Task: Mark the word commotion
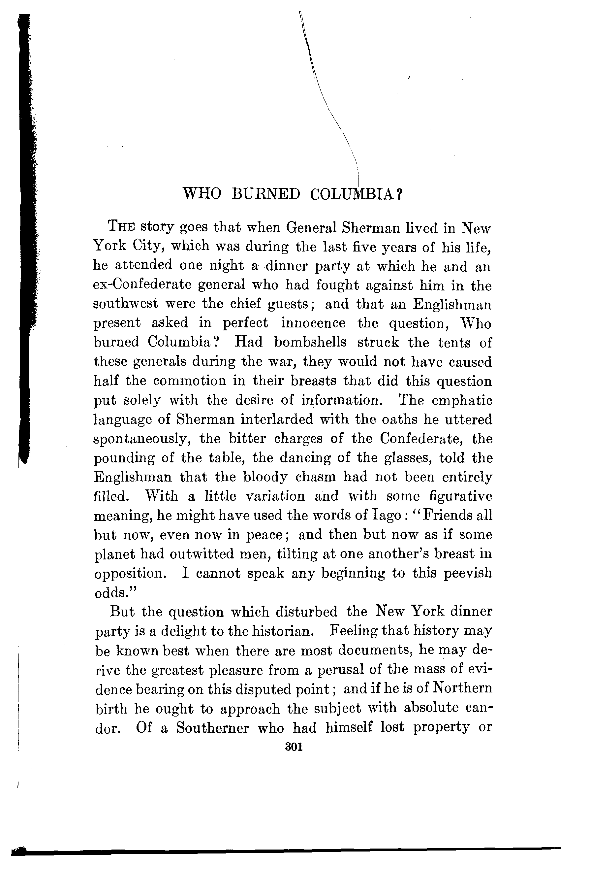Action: coord(185,381)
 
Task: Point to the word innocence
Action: coord(313,323)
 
